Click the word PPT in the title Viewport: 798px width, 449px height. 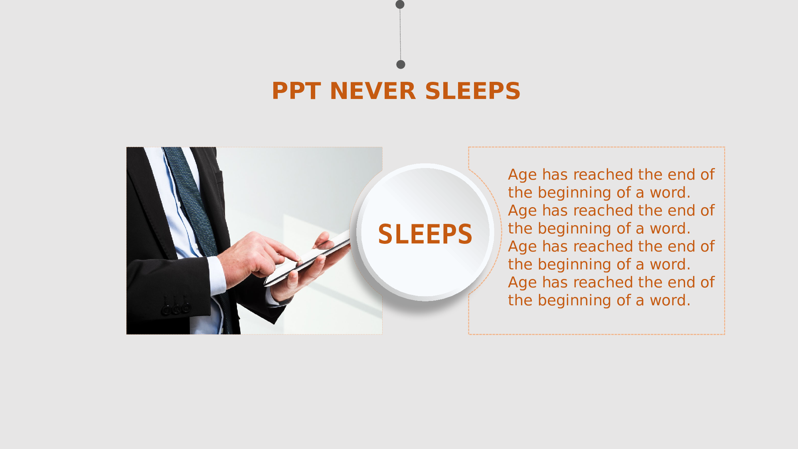pyautogui.click(x=296, y=91)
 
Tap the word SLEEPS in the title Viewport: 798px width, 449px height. pyautogui.click(x=473, y=91)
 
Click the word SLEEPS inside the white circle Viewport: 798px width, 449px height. pyautogui.click(x=425, y=234)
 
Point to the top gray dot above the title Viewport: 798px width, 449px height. pyautogui.click(x=400, y=4)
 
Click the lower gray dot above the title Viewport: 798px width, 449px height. pyautogui.click(x=401, y=64)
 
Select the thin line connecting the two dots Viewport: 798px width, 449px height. pyautogui.click(x=400, y=34)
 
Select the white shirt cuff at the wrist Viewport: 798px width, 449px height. pyautogui.click(x=218, y=275)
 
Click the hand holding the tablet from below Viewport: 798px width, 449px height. pyautogui.click(x=307, y=275)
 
